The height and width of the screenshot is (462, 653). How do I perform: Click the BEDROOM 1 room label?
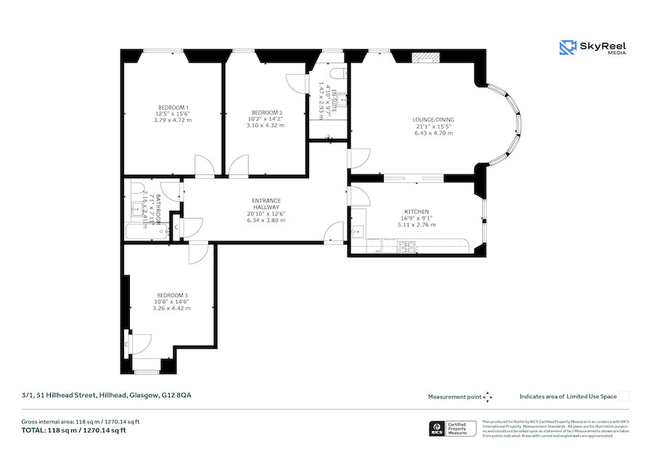[x=172, y=108]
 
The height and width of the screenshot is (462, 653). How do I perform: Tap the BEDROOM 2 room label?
[x=266, y=113]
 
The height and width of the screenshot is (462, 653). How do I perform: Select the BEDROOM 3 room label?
[x=172, y=295]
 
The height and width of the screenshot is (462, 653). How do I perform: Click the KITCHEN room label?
[x=416, y=211]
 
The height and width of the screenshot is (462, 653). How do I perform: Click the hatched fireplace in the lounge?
[x=422, y=59]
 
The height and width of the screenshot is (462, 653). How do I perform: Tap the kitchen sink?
[x=356, y=232]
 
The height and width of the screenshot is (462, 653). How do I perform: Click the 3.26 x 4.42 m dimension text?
[x=172, y=308]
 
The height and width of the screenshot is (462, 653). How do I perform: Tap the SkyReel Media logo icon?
[x=567, y=48]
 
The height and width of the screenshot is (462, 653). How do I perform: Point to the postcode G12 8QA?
[x=177, y=395]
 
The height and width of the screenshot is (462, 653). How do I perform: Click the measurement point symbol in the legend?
[x=488, y=397]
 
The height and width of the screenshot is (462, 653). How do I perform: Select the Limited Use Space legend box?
[x=624, y=396]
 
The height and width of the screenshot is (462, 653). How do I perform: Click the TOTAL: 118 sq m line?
[x=74, y=430]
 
